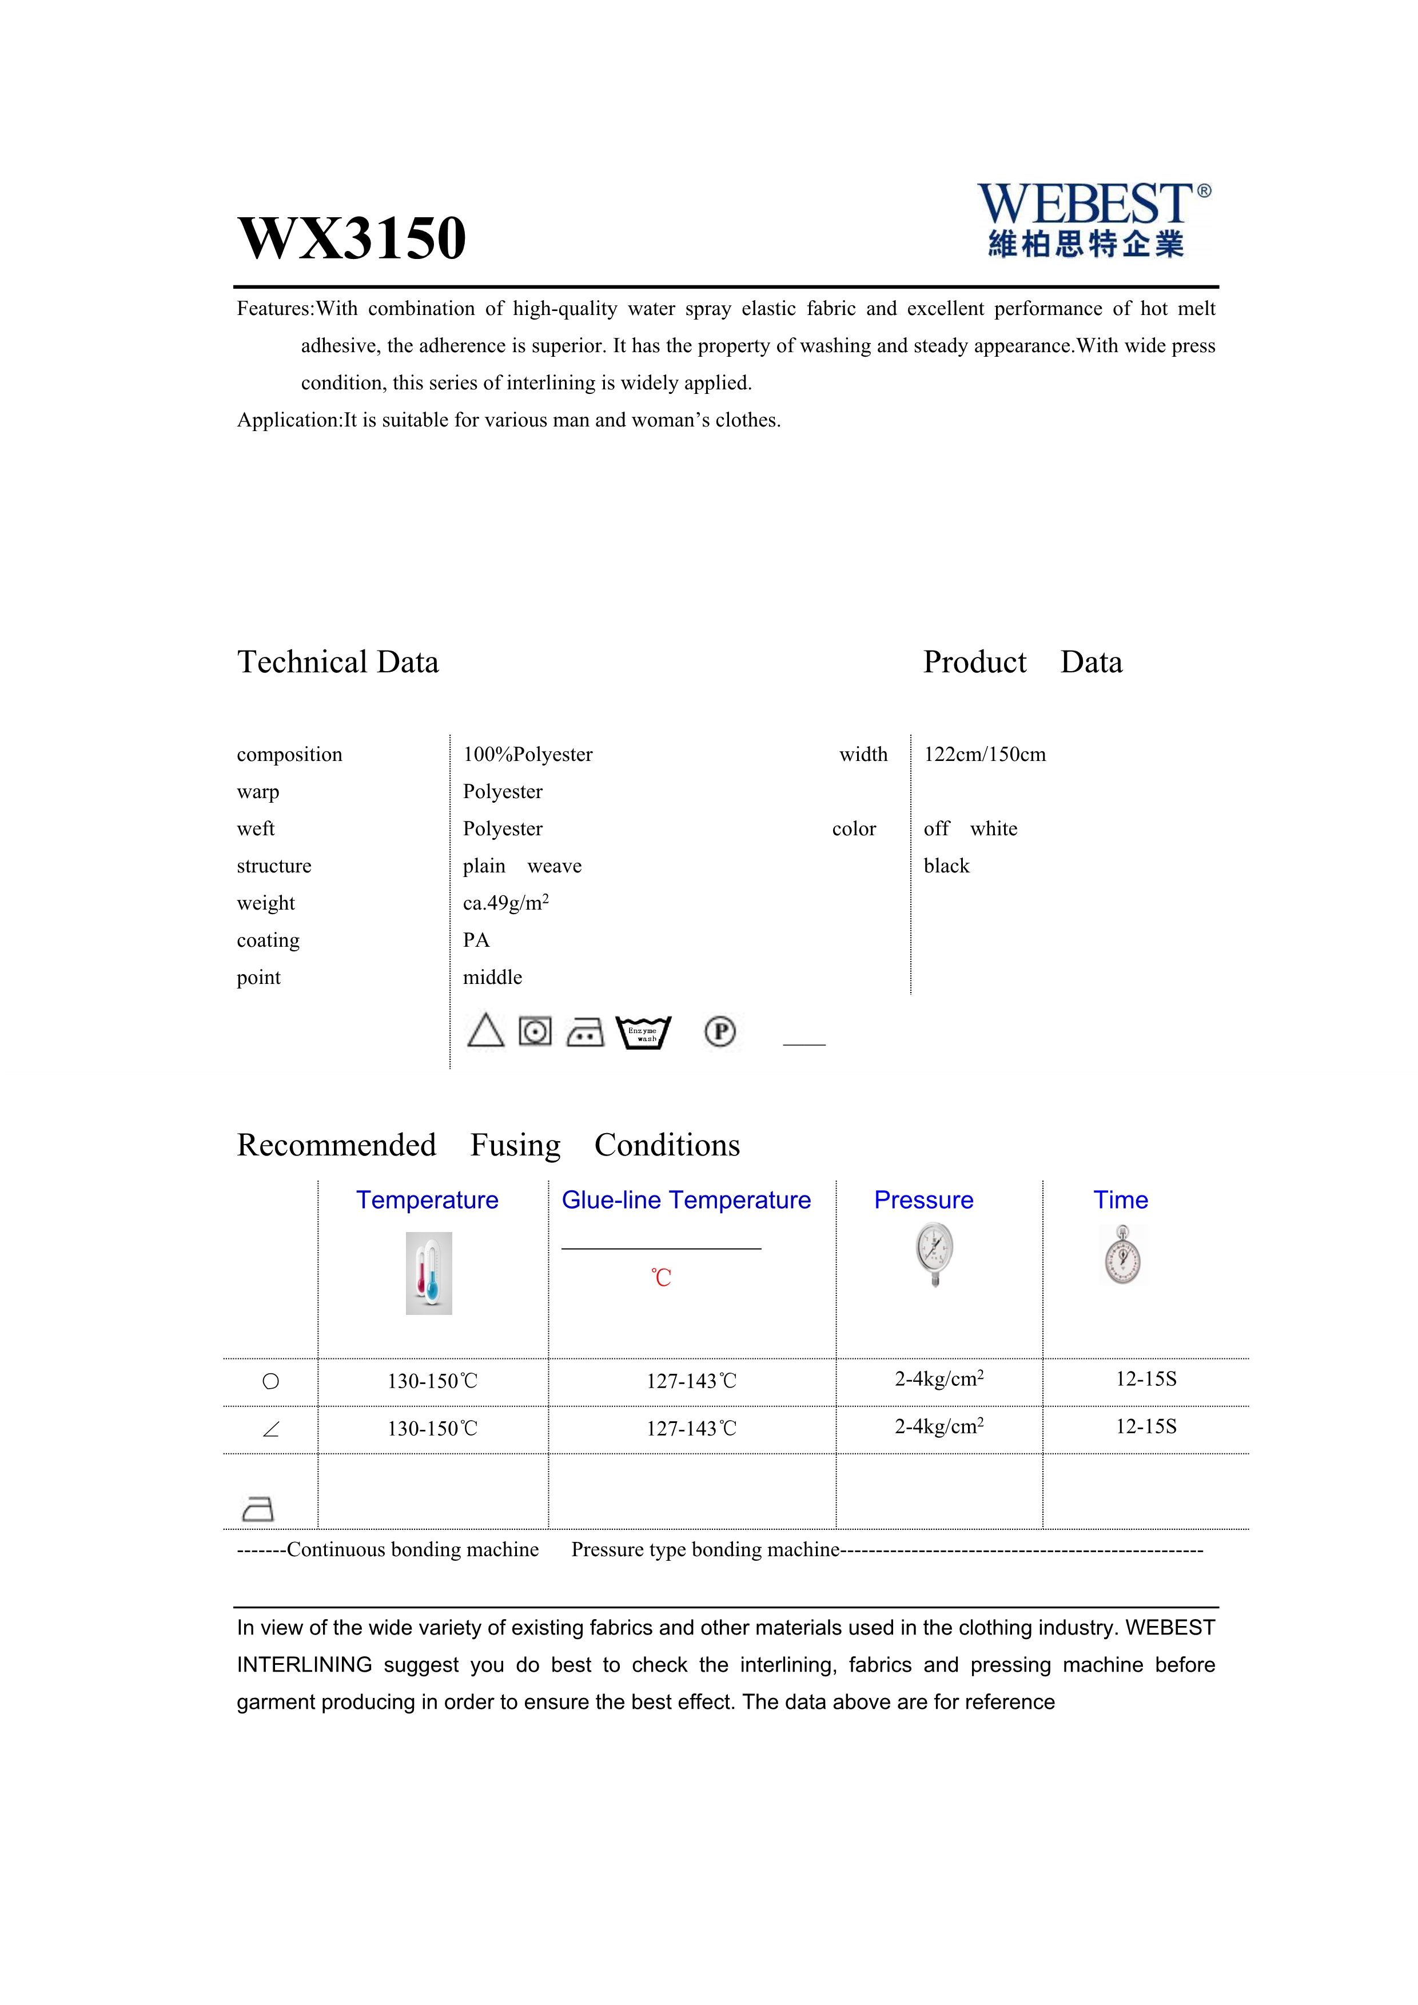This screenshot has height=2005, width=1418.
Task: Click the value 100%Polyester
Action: [527, 755]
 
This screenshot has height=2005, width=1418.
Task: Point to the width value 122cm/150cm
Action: [984, 755]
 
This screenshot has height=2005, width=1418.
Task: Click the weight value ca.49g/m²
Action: [505, 903]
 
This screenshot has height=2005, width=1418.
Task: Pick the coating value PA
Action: [476, 940]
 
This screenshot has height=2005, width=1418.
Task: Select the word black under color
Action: [946, 866]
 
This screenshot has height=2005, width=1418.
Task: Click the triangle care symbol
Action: [485, 1031]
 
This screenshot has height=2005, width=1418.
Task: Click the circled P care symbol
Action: [720, 1032]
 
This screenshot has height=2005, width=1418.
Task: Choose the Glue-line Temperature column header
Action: [686, 1200]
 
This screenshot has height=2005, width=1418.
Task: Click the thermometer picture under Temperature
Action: [429, 1273]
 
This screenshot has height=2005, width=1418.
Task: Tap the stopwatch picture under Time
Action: [1122, 1255]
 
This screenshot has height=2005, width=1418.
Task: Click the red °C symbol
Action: [661, 1278]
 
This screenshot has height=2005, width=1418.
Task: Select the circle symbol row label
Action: [270, 1381]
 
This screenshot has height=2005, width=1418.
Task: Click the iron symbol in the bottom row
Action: [257, 1509]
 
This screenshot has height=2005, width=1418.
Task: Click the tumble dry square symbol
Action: [535, 1031]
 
